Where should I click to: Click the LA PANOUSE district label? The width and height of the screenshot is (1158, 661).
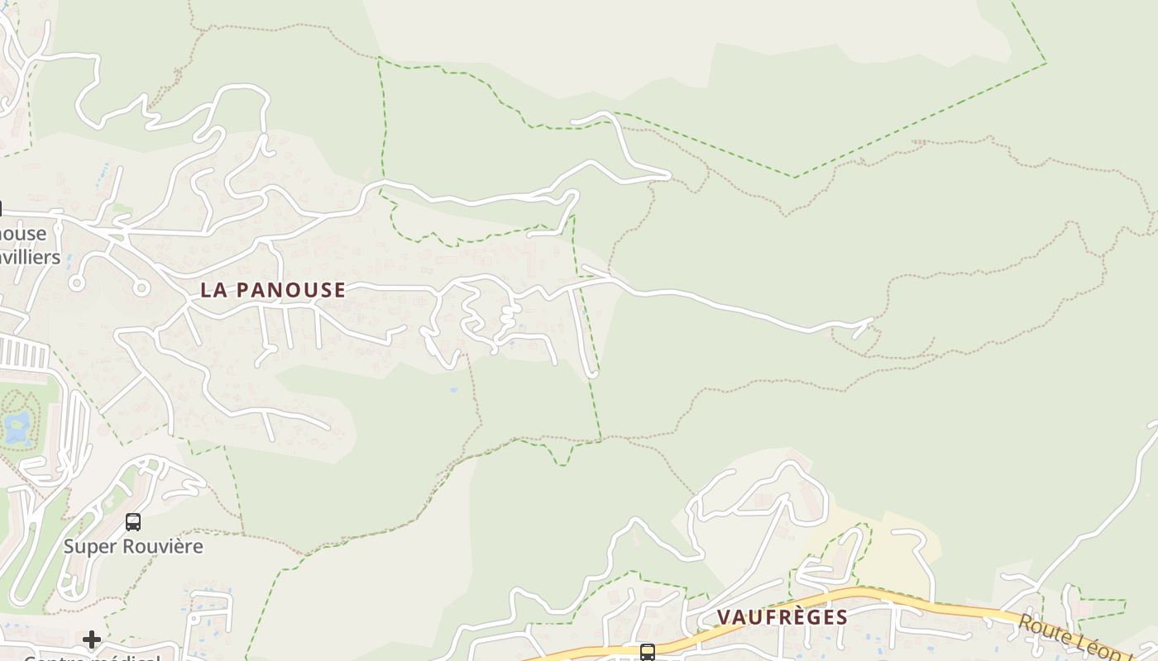(273, 290)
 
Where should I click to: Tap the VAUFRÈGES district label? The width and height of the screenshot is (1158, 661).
(782, 617)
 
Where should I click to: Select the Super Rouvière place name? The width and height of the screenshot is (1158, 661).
(133, 546)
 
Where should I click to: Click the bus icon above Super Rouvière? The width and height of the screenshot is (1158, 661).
(133, 522)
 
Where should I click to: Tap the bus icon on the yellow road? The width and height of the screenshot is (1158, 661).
(648, 652)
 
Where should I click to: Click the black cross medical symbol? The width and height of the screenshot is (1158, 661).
(92, 640)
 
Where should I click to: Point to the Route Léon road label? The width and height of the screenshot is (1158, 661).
(1075, 635)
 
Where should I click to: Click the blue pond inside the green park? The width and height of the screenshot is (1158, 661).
(17, 426)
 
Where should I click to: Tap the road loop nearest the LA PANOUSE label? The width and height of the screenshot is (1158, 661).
(141, 288)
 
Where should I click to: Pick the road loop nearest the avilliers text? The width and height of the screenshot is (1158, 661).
(77, 283)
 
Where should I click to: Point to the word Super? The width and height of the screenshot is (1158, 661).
(90, 546)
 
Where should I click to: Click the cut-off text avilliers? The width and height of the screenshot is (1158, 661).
(31, 257)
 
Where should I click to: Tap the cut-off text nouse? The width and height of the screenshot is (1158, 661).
(23, 234)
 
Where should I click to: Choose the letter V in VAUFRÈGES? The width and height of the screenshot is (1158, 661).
(724, 617)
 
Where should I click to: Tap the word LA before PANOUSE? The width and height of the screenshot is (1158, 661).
(213, 290)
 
